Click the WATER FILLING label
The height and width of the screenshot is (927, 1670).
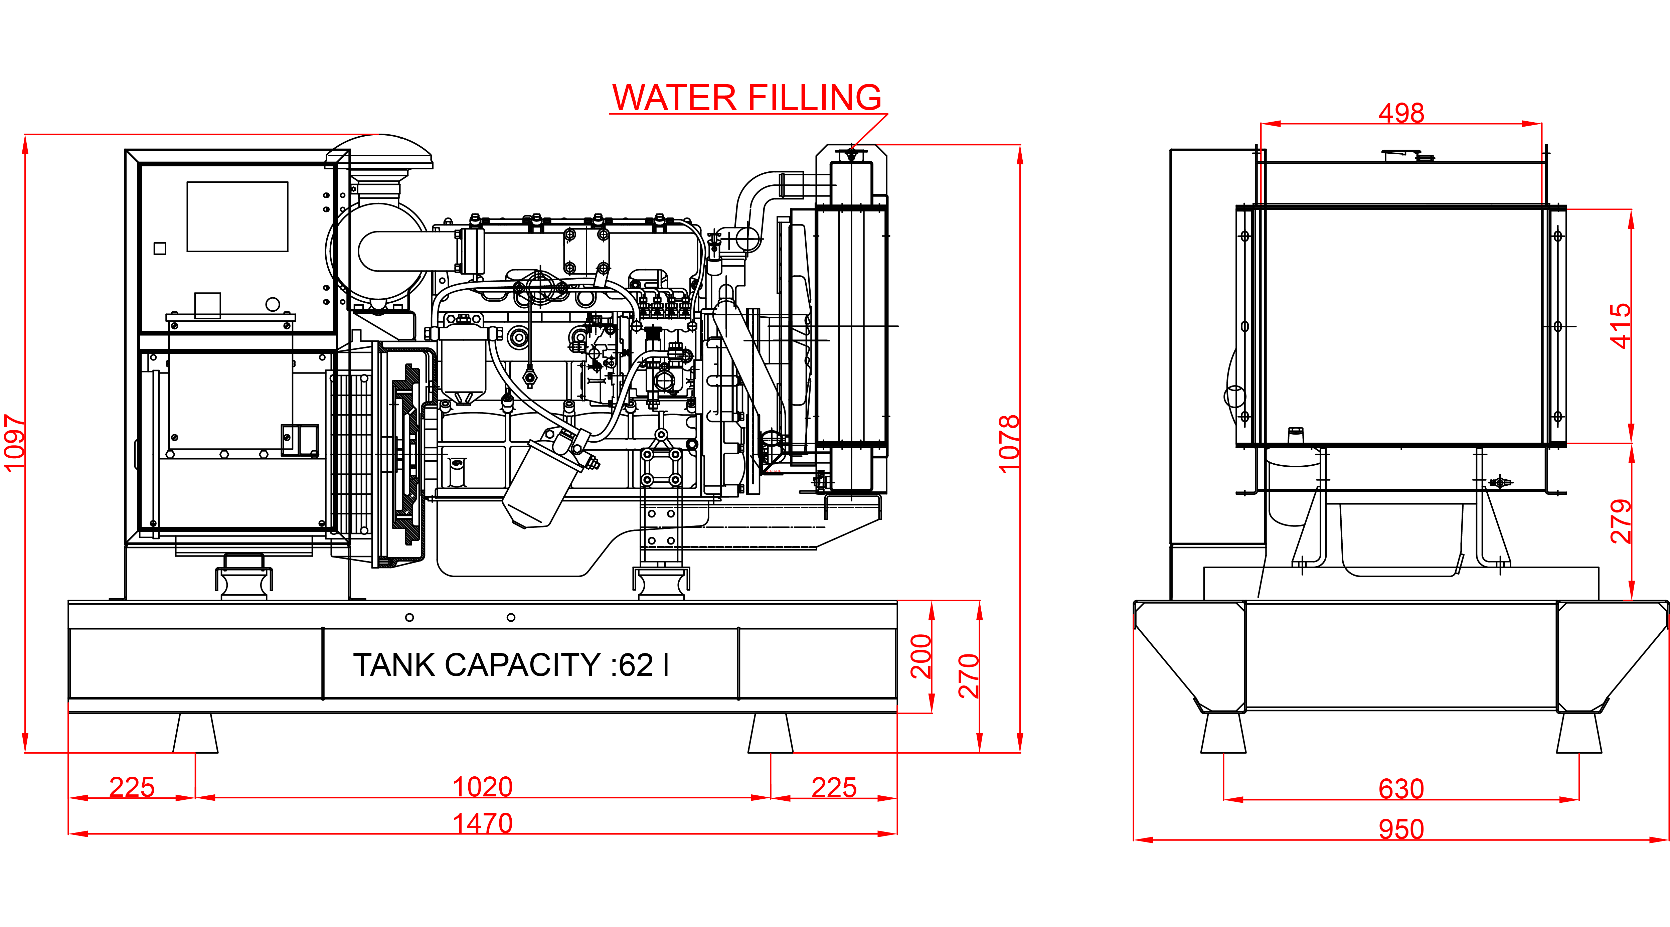click(x=747, y=98)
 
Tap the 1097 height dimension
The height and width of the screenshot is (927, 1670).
click(x=14, y=443)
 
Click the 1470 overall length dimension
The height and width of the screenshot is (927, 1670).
click(x=483, y=823)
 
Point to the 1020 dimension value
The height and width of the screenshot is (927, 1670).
click(x=483, y=787)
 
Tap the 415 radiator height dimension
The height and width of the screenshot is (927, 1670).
click(x=1621, y=326)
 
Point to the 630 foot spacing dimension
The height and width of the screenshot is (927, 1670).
click(x=1401, y=789)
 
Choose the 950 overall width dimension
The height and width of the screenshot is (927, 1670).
click(x=1401, y=829)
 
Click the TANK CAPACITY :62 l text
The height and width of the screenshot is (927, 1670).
click(x=511, y=665)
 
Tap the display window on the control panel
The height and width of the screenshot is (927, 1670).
click(x=237, y=216)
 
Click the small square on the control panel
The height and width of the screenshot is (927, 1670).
click(x=159, y=248)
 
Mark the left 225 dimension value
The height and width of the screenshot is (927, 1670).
click(x=132, y=787)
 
